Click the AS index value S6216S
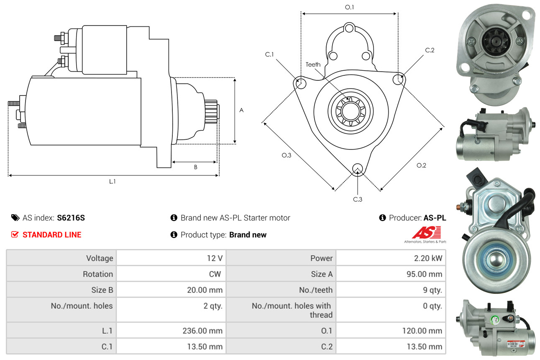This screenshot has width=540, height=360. coord(71,218)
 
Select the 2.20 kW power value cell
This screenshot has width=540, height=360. coord(391,258)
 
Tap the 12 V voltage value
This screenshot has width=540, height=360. coord(215,258)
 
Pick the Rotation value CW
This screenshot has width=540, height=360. coord(215,274)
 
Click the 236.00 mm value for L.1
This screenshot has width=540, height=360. coord(202,331)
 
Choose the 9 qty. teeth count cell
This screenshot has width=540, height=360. coord(391,290)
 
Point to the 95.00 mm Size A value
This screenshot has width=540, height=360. coord(424,274)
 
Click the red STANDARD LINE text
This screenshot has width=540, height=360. coord(52,234)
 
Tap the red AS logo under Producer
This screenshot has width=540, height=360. coord(426,232)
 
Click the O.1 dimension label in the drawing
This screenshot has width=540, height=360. coord(349,7)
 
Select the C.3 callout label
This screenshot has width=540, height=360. coord(358,199)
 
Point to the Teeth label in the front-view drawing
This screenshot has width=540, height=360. coord(313,64)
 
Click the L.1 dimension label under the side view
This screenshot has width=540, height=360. coord(113,181)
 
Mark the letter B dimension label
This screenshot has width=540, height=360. coord(196,167)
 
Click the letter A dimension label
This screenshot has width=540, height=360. coord(241,110)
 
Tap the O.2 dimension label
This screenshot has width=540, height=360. coord(421,165)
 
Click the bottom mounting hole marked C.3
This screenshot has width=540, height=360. coord(358,169)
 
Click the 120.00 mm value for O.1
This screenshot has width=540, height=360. coord(422,331)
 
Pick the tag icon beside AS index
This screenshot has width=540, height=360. coord(15,218)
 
